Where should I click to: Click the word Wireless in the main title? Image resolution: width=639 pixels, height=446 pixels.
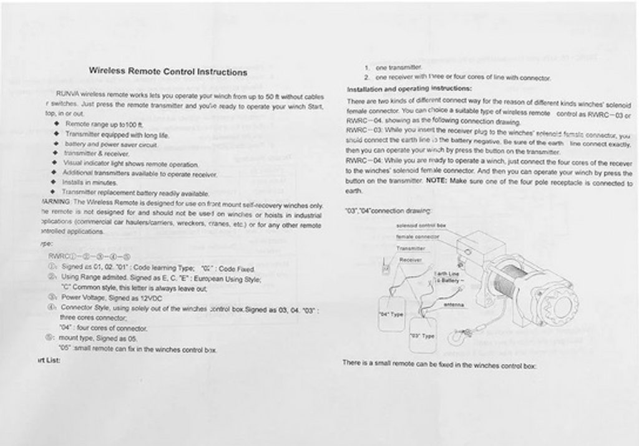107,72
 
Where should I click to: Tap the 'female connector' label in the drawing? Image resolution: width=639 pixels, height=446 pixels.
417,236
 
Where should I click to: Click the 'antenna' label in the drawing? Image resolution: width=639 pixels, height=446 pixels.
452,305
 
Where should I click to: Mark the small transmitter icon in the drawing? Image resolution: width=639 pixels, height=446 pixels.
386,269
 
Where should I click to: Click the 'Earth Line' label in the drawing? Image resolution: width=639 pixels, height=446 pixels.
446,274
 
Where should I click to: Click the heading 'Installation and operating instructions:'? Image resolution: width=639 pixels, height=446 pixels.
409,89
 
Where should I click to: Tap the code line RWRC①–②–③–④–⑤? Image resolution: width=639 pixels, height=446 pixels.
88,256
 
